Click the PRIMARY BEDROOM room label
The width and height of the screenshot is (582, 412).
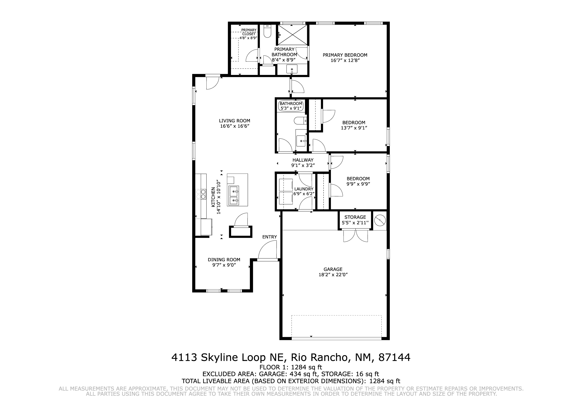tap(345, 55)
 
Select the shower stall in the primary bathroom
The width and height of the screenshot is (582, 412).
tap(292, 35)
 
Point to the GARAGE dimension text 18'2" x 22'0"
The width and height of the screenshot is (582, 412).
tap(333, 274)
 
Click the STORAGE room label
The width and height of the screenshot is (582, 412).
tap(355, 217)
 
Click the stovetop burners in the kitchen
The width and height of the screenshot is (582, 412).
tap(201, 194)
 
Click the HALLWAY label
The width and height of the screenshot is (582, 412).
tap(303, 160)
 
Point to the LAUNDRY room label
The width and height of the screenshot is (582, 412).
tap(304, 189)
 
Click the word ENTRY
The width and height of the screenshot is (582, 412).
tap(269, 237)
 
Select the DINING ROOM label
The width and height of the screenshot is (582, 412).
tap(224, 260)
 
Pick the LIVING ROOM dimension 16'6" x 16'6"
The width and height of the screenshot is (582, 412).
tap(235, 126)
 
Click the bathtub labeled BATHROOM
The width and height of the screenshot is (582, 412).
tap(291, 106)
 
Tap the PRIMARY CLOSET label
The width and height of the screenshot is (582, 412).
tap(249, 32)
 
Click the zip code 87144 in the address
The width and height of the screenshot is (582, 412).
tap(394, 357)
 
